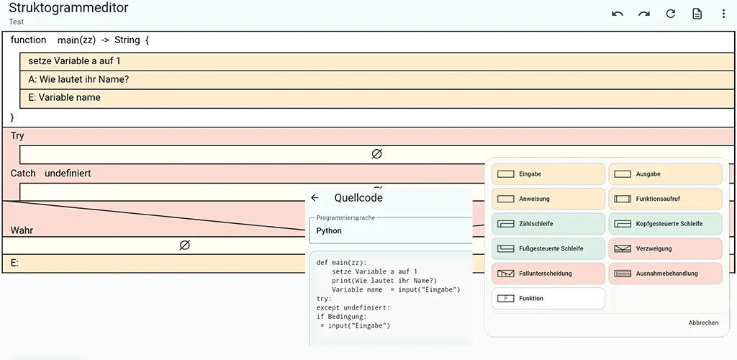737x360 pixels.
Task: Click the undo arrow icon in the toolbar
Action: (618, 14)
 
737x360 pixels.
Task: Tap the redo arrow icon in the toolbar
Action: (644, 14)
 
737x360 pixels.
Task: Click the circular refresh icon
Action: (671, 14)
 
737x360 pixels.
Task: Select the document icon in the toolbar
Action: (697, 14)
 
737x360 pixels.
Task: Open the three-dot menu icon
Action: (724, 14)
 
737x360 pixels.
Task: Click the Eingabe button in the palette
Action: (548, 174)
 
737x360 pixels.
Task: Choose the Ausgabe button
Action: (665, 174)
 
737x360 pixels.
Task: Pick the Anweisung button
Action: (548, 199)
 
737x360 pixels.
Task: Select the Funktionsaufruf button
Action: (665, 199)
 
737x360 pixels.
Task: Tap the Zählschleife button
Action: (548, 224)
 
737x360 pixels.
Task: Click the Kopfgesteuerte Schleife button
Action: (665, 224)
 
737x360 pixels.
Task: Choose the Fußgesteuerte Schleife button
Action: (548, 248)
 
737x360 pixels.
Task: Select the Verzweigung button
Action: (665, 248)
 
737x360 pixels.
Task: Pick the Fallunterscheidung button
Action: (548, 274)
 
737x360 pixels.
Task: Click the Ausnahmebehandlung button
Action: (665, 274)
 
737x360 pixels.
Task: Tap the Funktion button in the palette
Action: (548, 298)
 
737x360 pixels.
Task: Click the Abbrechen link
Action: (703, 323)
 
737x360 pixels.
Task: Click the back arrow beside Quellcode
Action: (315, 198)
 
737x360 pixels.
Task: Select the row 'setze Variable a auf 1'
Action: (377, 62)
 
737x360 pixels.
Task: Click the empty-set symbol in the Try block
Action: (376, 154)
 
